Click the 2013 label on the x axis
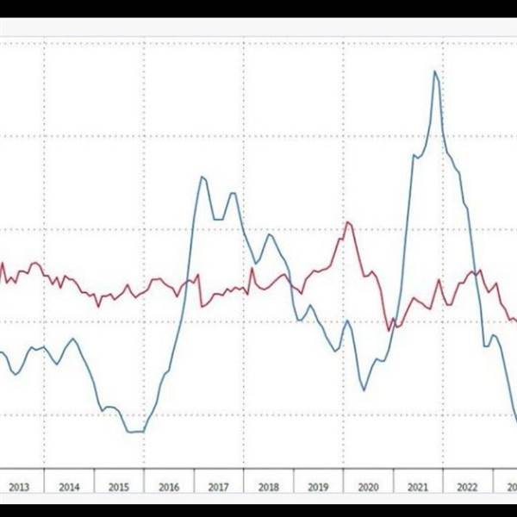[19, 487]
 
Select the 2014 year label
[69, 487]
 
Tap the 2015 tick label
[119, 487]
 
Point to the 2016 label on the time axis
[169, 487]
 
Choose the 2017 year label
[219, 487]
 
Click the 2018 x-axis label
[269, 487]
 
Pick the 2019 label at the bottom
[318, 487]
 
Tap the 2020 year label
[368, 487]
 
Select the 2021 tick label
[418, 487]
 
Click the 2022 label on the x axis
[468, 487]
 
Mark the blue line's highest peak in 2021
[435, 71]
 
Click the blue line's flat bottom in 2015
[134, 431]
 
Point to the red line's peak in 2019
[348, 222]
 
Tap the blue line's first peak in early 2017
[202, 177]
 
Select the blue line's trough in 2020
[364, 390]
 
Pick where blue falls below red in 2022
[475, 274]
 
